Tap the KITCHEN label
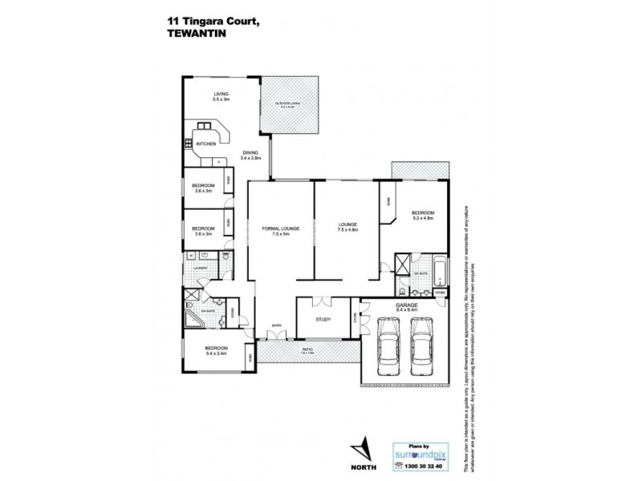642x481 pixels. (205, 143)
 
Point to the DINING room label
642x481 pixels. (250, 153)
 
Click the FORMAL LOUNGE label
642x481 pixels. (280, 228)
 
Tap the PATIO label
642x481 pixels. (306, 350)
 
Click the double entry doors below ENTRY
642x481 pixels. (276, 338)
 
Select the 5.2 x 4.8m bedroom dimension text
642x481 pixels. (423, 218)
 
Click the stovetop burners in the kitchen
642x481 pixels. (189, 143)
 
